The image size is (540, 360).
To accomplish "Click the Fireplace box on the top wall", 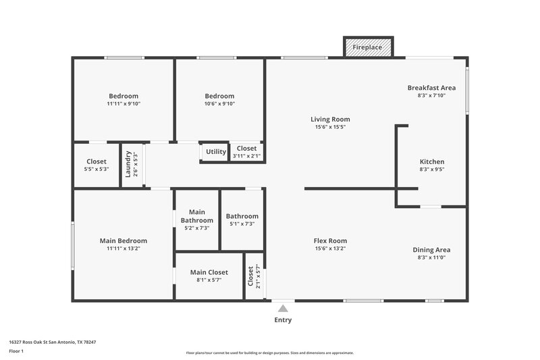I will point(369,47).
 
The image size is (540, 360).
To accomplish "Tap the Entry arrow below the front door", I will point(283,309).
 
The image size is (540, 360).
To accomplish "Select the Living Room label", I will point(330,120).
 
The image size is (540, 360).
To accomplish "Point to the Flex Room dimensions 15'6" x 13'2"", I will point(330,249).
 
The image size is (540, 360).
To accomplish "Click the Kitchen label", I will point(432,162).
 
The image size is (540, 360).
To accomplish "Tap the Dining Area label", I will point(432,250).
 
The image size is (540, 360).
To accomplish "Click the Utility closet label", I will point(216,152).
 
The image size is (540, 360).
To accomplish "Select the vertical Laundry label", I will point(128,163).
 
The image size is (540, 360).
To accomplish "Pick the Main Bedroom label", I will point(124,240).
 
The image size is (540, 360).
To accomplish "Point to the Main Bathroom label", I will point(196,216).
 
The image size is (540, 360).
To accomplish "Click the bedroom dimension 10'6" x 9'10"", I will point(219,104).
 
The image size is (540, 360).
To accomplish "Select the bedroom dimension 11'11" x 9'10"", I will point(124,104).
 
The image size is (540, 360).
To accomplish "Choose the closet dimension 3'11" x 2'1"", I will point(246,156).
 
